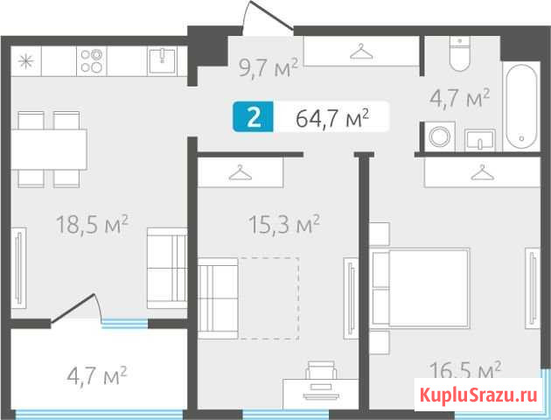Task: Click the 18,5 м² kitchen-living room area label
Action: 92,225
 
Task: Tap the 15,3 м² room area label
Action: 284,225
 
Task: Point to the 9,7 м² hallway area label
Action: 269,67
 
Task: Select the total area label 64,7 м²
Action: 332,118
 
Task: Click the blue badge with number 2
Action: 253,117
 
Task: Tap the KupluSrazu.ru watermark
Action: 478,395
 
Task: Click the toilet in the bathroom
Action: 460,53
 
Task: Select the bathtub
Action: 521,108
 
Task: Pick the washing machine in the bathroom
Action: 439,136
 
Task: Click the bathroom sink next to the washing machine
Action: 480,140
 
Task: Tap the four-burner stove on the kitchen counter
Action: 91,60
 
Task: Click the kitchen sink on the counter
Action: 162,60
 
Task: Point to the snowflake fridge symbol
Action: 26,61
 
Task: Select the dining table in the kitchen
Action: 49,150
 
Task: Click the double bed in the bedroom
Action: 421,288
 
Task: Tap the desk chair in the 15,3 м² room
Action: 321,370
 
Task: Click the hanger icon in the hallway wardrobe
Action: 361,52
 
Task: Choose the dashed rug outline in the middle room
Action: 269,298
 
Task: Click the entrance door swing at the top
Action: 268,17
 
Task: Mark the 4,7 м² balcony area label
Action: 97,375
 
